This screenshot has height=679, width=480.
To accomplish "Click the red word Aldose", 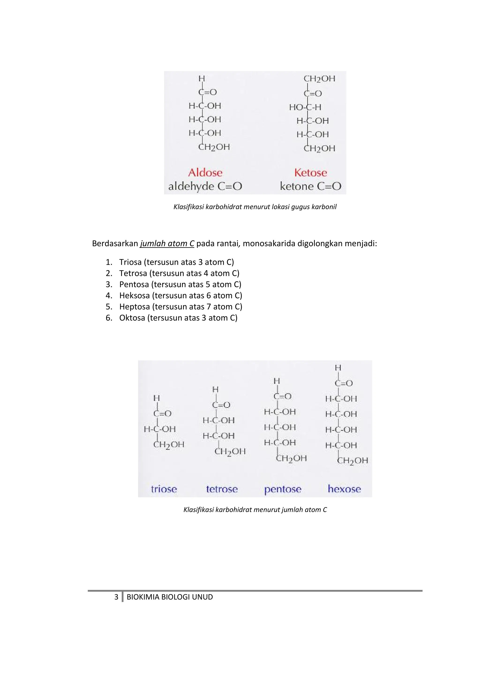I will coord(205,172).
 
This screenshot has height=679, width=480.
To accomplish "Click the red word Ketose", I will coord(311,172).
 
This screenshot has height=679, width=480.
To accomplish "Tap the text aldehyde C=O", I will coord(205,186).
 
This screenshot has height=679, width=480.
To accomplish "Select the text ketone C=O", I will coord(311,186).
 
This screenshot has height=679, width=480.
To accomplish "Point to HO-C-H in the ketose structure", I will coord(305,107).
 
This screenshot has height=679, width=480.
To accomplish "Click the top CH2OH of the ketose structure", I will coord(319,79).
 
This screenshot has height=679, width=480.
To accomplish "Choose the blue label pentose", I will coord(283,489).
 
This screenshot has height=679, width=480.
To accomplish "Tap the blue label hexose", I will coord(344,489).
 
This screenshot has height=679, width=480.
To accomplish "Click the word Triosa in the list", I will coord(130,262).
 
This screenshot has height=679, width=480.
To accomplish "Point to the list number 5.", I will coord(108,307).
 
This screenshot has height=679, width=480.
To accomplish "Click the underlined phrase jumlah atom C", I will coord(167,244).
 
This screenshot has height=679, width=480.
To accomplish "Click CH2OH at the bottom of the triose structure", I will coord(169,444).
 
